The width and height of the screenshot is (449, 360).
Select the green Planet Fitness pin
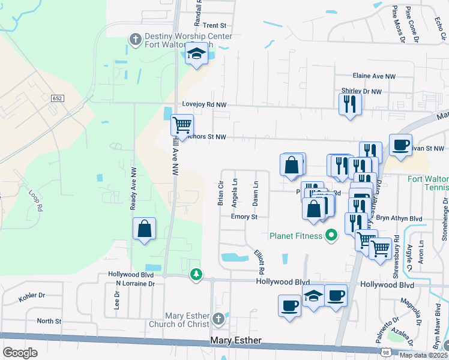tap(330, 235)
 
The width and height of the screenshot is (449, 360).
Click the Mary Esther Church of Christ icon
tap(218, 317)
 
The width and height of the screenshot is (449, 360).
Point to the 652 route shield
tap(57, 98)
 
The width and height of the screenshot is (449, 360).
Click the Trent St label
tap(214, 26)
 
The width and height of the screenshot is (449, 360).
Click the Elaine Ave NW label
tap(375, 77)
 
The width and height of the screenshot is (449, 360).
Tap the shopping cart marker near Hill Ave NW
tap(182, 125)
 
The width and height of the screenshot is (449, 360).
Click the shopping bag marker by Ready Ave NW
tap(145, 229)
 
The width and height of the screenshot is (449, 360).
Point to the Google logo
tap(20, 353)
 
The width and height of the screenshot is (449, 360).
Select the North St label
tap(49, 321)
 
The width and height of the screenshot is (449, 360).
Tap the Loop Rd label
tap(37, 200)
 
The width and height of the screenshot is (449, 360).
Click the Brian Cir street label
tap(220, 193)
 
